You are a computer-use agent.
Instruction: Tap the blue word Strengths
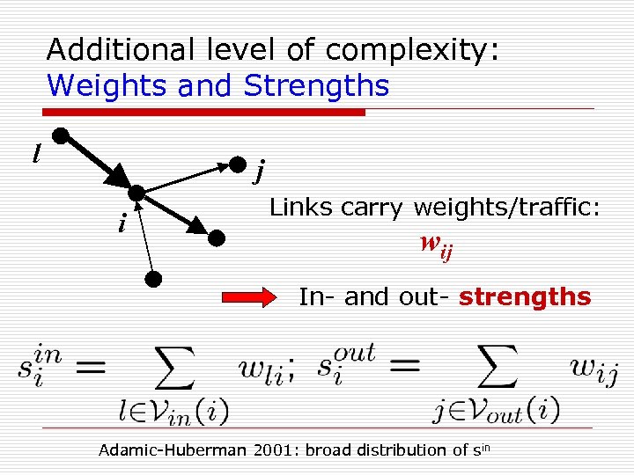click(316, 86)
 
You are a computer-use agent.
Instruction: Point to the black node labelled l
click(61, 135)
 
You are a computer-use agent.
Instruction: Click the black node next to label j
click(237, 164)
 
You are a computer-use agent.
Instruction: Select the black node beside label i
click(136, 194)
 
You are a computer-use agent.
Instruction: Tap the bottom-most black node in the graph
click(153, 280)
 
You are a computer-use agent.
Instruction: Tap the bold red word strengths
click(525, 297)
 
